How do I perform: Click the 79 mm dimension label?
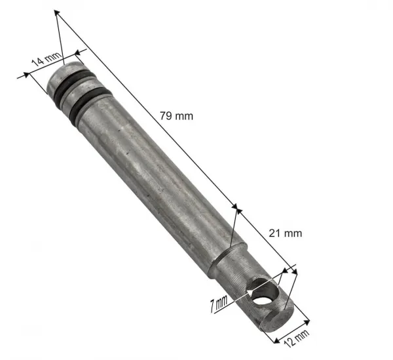click(x=176, y=116)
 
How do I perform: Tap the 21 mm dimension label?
click(x=285, y=233)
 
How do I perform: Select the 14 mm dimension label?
click(x=46, y=59)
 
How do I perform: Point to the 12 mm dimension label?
click(x=297, y=338)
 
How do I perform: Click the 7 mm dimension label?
click(x=219, y=304)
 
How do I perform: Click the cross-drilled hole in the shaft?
click(x=264, y=292)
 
